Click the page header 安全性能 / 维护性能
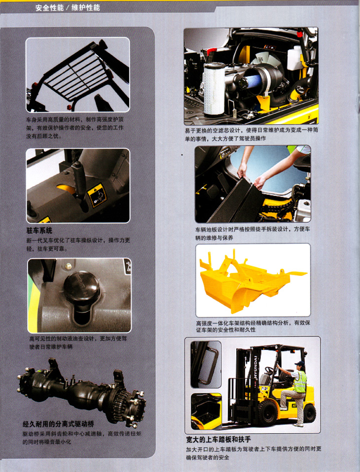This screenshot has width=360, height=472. pyautogui.click(x=68, y=7)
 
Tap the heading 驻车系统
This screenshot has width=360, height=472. pyautogui.click(x=39, y=231)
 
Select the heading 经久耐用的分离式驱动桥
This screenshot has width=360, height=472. pyautogui.click(x=59, y=424)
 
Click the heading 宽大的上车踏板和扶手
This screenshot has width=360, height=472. pyautogui.click(x=218, y=439)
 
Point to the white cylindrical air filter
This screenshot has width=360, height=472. pyautogui.click(x=214, y=89)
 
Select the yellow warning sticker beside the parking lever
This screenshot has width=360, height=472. pyautogui.click(x=97, y=196)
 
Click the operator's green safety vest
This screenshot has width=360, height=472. pyautogui.click(x=300, y=381)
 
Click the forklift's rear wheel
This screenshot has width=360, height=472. pyautogui.click(x=309, y=413)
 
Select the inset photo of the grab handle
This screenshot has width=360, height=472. pyautogui.click(x=206, y=364)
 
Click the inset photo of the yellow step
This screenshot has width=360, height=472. pyautogui.click(x=206, y=411)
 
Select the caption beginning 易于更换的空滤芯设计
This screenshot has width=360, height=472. pyautogui.click(x=251, y=134)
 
